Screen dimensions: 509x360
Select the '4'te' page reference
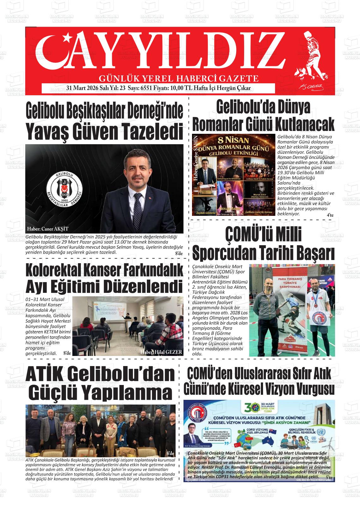(x=330, y=215)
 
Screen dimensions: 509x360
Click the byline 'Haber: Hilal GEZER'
(x=162, y=352)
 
